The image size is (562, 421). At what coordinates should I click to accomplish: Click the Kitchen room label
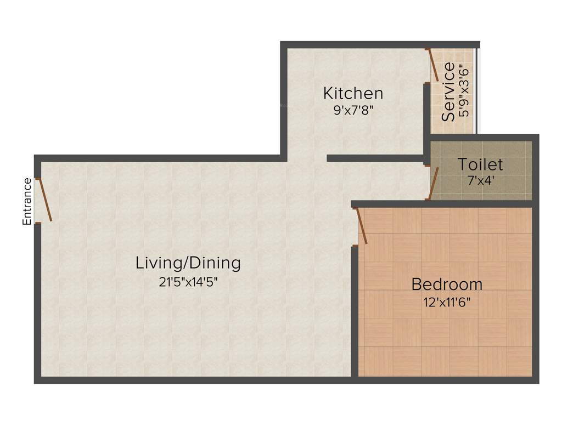[353, 93]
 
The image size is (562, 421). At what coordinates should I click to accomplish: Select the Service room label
[448, 92]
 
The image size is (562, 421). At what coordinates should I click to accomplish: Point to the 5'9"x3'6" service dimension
[464, 92]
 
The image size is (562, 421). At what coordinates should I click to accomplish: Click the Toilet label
[480, 164]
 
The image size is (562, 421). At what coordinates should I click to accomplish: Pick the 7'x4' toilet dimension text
[480, 179]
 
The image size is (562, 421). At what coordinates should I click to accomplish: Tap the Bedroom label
[447, 285]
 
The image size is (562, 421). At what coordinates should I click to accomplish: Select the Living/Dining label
[188, 263]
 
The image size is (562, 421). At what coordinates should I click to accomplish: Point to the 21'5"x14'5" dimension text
[188, 281]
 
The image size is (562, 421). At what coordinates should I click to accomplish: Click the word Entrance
[26, 201]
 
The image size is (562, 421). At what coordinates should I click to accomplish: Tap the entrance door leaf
[44, 200]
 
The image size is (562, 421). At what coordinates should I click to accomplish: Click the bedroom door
[362, 225]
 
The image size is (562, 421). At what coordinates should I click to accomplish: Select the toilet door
[434, 183]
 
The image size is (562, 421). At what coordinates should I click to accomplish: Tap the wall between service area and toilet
[480, 137]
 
